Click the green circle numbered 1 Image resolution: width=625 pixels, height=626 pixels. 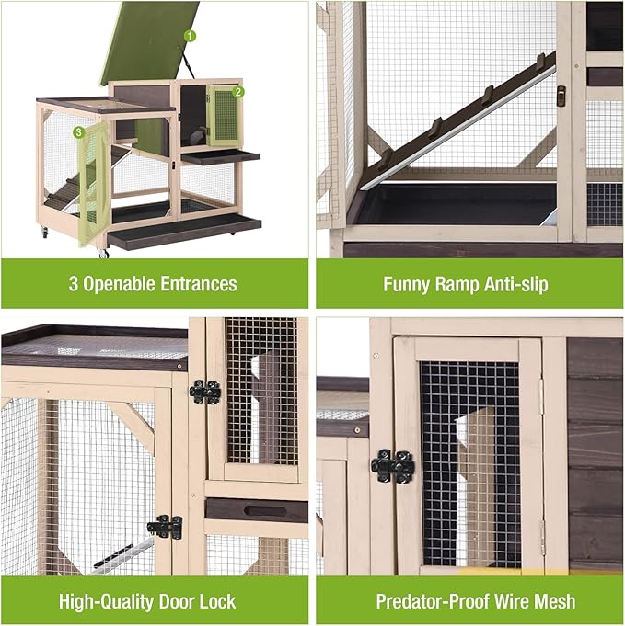pyautogui.click(x=190, y=36)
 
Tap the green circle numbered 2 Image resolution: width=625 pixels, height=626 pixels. pyautogui.click(x=237, y=91)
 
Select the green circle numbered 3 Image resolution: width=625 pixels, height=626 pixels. pyautogui.click(x=79, y=132)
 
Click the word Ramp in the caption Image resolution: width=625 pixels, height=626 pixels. pyautogui.click(x=457, y=284)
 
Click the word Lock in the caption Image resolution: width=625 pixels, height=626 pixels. pyautogui.click(x=216, y=602)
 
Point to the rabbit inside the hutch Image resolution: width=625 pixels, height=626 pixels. pyautogui.click(x=196, y=139)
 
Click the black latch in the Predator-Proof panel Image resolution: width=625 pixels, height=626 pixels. pyautogui.click(x=393, y=466)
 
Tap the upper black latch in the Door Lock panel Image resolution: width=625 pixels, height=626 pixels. pyautogui.click(x=204, y=392)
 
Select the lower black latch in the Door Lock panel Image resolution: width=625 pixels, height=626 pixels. pyautogui.click(x=166, y=527)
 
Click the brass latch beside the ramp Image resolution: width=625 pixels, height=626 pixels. pyautogui.click(x=561, y=95)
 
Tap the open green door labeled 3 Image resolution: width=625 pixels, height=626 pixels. pyautogui.click(x=94, y=184)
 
